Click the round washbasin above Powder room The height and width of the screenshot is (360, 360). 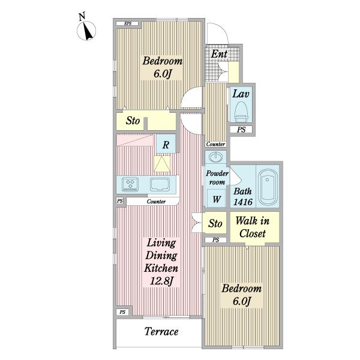[x=216, y=157]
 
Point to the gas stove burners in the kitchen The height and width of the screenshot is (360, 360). [x=130, y=184]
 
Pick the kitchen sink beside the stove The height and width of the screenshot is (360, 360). [x=160, y=184]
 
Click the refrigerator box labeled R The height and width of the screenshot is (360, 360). [x=166, y=144]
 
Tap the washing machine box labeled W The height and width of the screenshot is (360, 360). [x=216, y=199]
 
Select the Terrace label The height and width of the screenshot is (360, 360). [x=161, y=331]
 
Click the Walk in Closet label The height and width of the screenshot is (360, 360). [x=253, y=227]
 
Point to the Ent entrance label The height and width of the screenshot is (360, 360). [x=219, y=54]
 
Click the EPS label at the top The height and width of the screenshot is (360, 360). [x=127, y=23]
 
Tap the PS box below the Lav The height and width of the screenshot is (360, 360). [x=241, y=130]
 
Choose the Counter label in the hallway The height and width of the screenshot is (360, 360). [x=215, y=144]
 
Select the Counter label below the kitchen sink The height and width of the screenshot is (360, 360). [x=156, y=202]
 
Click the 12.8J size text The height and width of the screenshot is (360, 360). [x=161, y=281]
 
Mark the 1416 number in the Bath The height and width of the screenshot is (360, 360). [x=243, y=202]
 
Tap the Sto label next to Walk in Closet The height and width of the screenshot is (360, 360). [x=215, y=223]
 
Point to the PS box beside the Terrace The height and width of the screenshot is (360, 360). [x=122, y=312]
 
